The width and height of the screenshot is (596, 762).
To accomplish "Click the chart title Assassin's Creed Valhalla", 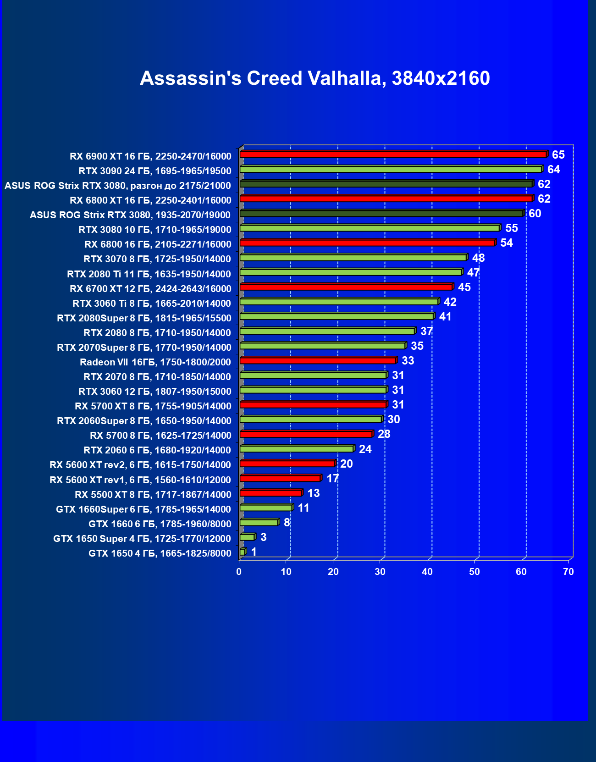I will click(315, 78).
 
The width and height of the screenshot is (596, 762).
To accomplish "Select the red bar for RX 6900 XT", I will click(393, 155).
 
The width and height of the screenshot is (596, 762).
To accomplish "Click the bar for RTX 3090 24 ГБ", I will click(391, 169).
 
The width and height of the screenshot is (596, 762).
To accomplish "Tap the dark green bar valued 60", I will click(381, 213).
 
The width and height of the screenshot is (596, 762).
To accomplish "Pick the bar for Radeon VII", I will click(317, 360).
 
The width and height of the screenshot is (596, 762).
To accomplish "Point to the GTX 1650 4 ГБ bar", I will click(243, 552).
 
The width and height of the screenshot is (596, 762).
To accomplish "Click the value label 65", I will click(558, 155).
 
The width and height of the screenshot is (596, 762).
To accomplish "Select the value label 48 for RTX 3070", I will click(478, 258).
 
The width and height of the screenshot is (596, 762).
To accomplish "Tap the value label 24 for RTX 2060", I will click(365, 449).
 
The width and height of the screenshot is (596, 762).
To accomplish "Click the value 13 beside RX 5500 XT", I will click(314, 493).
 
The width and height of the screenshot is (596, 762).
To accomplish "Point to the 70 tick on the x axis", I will click(568, 572).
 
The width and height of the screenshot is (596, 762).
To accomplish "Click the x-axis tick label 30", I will click(380, 572).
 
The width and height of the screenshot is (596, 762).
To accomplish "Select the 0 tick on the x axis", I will click(239, 572).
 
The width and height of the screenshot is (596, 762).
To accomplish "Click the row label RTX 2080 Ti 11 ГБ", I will click(149, 274).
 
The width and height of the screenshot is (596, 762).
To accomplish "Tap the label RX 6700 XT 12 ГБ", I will click(150, 289).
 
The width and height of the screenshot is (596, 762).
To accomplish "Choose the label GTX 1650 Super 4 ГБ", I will click(142, 539).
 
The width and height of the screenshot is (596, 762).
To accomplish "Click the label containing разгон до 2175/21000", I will click(118, 186).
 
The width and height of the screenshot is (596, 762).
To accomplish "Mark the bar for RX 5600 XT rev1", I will click(280, 478).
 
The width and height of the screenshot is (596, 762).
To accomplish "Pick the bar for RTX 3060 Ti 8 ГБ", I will click(339, 302).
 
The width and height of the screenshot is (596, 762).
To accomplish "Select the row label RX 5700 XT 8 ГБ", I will click(153, 406).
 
